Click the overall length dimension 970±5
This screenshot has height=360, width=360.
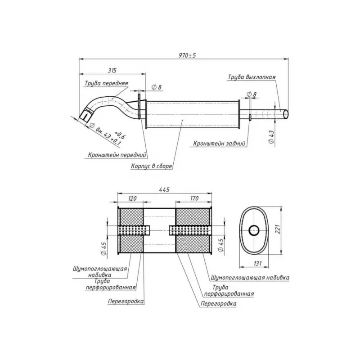coord(187,55)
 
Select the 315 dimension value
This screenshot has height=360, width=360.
coord(112,70)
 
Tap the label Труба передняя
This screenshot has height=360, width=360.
coord(106,83)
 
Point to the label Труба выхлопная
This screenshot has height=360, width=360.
coord(252,77)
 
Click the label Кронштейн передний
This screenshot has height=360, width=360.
coord(117,155)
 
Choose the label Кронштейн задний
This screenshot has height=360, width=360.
coord(219,144)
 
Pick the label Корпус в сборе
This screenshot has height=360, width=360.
coord(151,166)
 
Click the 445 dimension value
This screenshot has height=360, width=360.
coord(164,189)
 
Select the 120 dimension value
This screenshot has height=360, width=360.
coord(132,198)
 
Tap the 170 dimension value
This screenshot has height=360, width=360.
coord(194,198)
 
